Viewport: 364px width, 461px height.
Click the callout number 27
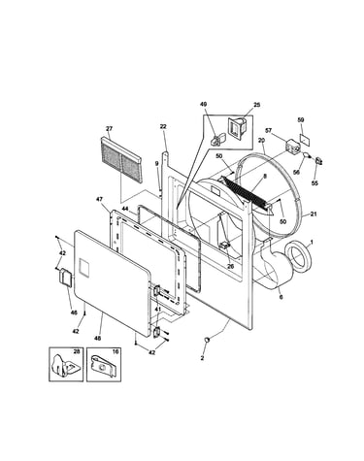pos(109,129)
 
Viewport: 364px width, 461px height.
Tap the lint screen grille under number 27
pos(121,159)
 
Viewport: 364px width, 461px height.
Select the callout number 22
pos(163,126)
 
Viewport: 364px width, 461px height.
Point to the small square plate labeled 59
pos(304,138)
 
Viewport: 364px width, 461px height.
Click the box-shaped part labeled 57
pos(292,147)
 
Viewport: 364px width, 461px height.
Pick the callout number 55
pos(314,183)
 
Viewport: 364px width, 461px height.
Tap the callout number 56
pos(296,172)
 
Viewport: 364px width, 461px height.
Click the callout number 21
pos(314,214)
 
